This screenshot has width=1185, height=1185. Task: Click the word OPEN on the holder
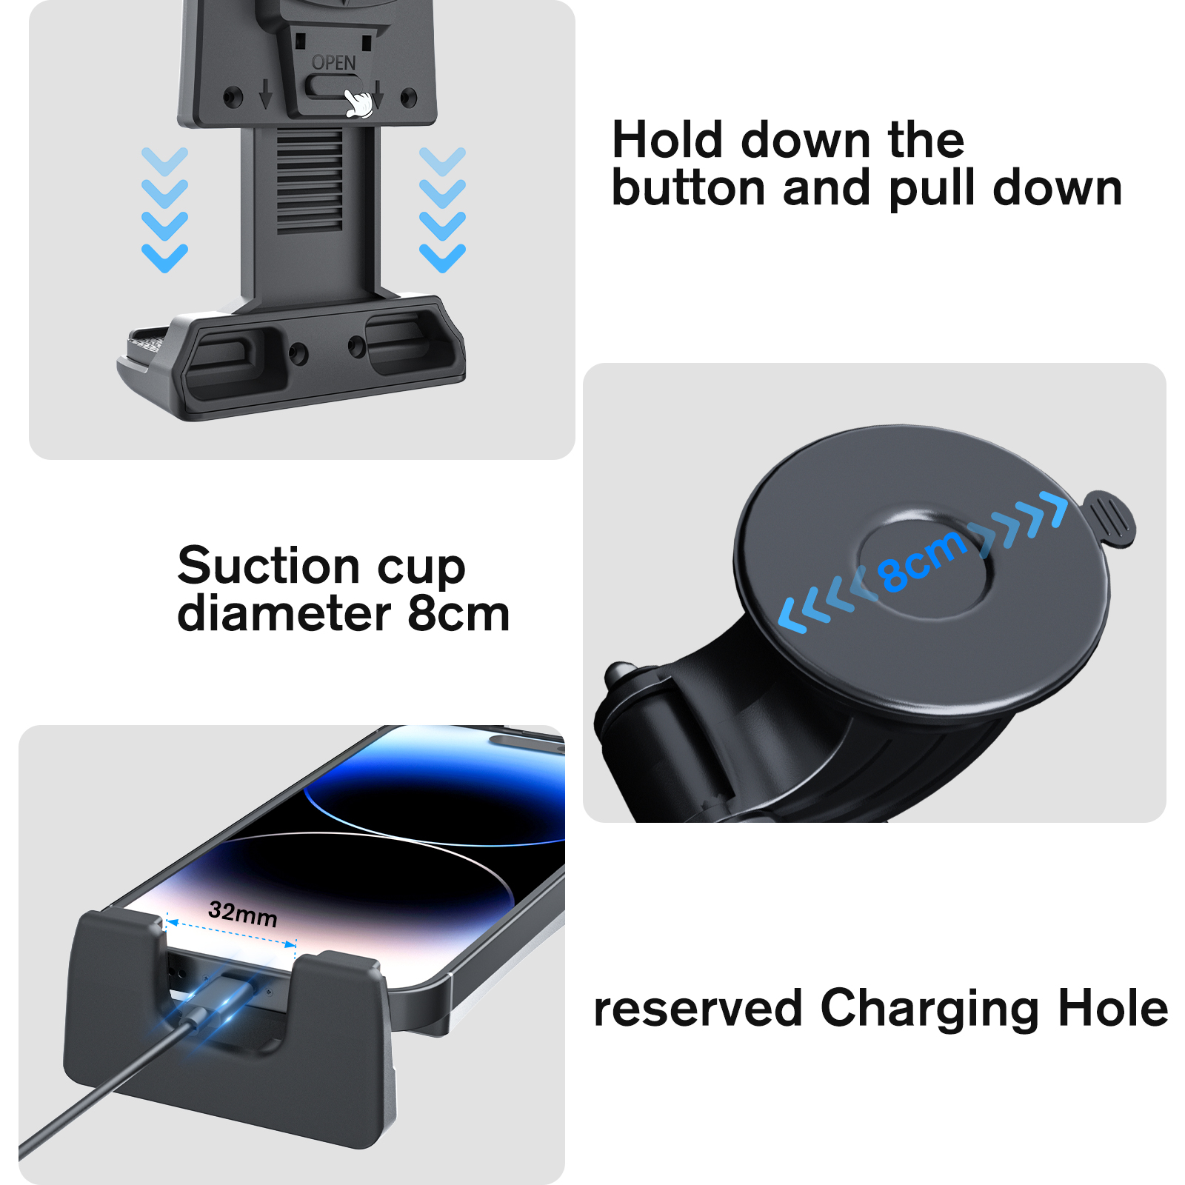(x=333, y=63)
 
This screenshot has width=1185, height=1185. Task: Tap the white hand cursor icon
(x=359, y=104)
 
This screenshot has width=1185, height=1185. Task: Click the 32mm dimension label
(x=243, y=914)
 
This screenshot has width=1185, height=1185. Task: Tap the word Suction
(x=269, y=566)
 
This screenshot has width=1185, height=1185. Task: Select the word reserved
(x=698, y=1009)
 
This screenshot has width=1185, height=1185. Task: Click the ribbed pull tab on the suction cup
(x=1108, y=518)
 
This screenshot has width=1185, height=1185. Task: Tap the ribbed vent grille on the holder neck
(x=310, y=181)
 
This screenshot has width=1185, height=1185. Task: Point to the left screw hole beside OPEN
(x=233, y=96)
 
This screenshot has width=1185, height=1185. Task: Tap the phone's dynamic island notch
(x=527, y=741)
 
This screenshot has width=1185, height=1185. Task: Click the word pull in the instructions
(x=932, y=190)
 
